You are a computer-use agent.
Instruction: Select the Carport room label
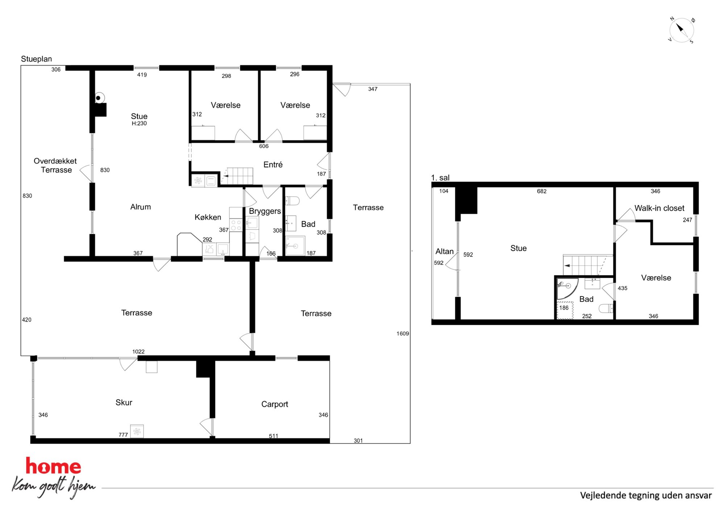click(x=275, y=404)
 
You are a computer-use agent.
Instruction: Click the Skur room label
click(x=124, y=403)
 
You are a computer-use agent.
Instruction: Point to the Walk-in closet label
click(x=659, y=208)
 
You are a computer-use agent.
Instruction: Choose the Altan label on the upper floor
click(x=444, y=251)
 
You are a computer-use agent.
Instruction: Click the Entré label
click(x=273, y=165)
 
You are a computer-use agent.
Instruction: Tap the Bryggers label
click(x=265, y=211)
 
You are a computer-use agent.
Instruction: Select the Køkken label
click(x=208, y=217)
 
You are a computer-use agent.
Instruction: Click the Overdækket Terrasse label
click(x=55, y=165)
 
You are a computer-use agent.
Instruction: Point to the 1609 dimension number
click(x=403, y=333)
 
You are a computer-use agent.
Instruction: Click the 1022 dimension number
click(x=138, y=352)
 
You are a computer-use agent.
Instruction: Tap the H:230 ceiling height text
click(x=139, y=123)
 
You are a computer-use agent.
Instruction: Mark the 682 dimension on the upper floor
click(x=541, y=191)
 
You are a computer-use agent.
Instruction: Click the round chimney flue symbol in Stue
click(x=99, y=98)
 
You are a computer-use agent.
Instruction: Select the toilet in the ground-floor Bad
click(x=292, y=201)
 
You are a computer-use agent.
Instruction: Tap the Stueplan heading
click(x=36, y=59)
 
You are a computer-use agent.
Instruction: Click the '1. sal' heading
click(x=440, y=178)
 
